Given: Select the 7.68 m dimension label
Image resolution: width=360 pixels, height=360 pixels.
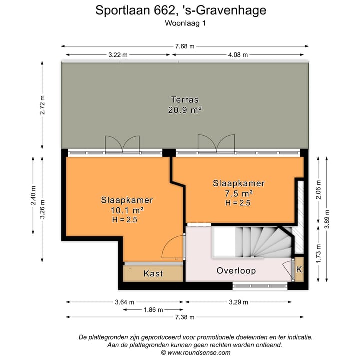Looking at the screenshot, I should coord(184,46).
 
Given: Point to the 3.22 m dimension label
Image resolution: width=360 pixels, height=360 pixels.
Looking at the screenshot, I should coord(118,55).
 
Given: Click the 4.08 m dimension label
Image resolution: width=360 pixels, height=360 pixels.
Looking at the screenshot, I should coord(238,55).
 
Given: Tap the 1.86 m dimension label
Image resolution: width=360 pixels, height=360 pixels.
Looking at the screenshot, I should coord(153,310).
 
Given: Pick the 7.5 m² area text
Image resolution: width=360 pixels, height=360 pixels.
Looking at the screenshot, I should coord(238,193).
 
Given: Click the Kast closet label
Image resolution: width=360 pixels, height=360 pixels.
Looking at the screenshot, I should coord(153,274).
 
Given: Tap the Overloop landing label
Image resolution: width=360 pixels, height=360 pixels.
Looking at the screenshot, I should coord(236,271).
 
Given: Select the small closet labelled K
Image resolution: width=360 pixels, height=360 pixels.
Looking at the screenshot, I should coord(299,270).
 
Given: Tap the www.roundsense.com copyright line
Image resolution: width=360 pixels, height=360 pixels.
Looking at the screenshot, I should coord(195,352).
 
